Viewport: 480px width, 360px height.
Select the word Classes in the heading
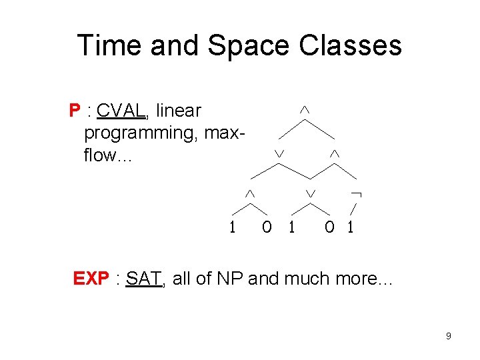351,45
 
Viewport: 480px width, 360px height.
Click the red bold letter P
74,110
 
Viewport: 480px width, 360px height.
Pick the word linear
178,110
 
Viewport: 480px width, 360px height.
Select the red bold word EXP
91,278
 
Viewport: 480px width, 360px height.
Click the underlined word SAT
143,278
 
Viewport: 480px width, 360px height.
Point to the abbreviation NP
230,278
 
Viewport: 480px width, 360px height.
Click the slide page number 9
449,336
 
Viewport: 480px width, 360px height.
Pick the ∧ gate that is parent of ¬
335,154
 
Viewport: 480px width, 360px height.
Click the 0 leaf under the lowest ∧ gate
267,227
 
